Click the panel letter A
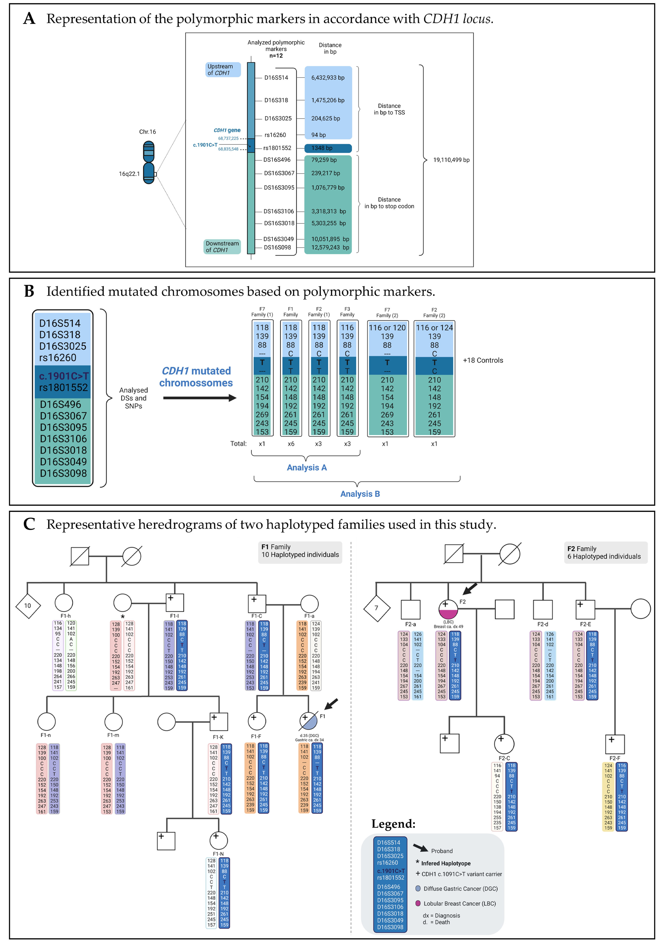(29, 19)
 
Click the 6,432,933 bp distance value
(328, 78)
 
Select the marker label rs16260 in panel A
(275, 135)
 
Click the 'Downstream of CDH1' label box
(222, 247)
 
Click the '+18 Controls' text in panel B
(483, 360)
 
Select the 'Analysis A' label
(306, 467)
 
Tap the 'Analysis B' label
(360, 494)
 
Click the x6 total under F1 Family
(291, 444)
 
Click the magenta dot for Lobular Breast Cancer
(418, 903)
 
